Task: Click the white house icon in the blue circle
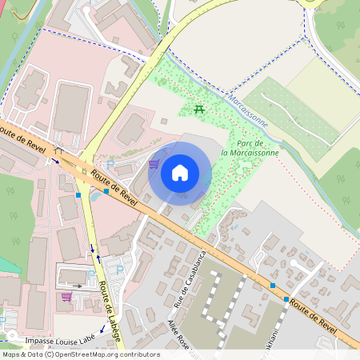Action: [x=180, y=172]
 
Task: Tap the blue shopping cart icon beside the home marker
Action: [x=153, y=164]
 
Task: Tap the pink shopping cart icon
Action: [x=66, y=296]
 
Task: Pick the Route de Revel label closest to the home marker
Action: [x=114, y=186]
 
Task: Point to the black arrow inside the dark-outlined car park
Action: [x=77, y=285]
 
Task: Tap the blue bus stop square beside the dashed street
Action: [x=274, y=286]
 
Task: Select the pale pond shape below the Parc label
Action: [x=244, y=166]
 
